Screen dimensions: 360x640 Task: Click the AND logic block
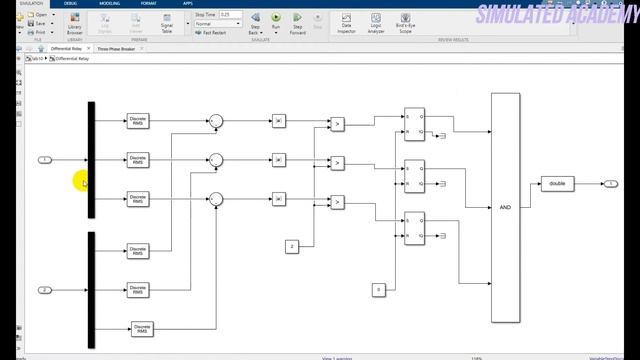[505, 207]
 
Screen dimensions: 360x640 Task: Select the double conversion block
[557, 183]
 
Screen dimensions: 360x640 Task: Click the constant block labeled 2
[292, 246]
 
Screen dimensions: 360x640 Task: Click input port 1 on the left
[44, 160]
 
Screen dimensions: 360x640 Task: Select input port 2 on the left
[44, 290]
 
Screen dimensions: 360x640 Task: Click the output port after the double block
[610, 183]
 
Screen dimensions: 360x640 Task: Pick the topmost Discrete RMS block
[138, 121]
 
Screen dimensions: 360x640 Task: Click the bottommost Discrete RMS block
[142, 328]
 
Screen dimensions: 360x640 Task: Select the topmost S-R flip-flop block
[414, 121]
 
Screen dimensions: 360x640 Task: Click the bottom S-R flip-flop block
[414, 230]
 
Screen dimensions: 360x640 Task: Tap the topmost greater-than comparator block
[337, 124]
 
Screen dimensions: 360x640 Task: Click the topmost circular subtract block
[216, 121]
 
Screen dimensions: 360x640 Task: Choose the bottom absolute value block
[279, 199]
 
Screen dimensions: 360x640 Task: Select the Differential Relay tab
[67, 48]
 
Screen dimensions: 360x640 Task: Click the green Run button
[276, 20]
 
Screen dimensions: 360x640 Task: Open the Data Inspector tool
[346, 21]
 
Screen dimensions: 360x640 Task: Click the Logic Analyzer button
[375, 21]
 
